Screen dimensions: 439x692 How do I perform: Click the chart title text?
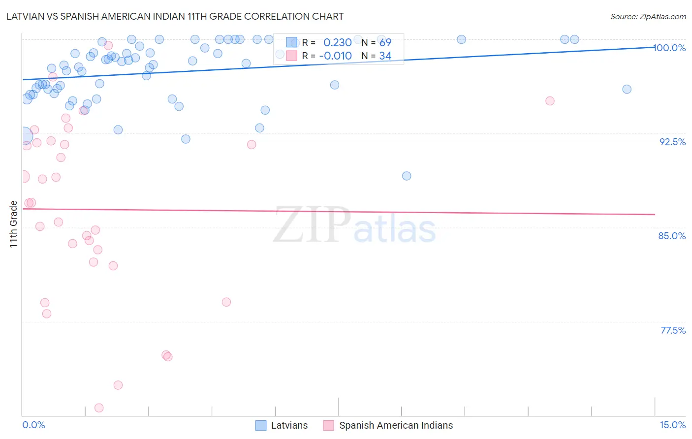point(175,16)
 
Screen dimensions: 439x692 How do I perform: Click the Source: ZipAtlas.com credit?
point(648,16)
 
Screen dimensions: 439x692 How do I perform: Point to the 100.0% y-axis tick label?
point(670,48)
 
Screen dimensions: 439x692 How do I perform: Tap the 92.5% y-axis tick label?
point(672,142)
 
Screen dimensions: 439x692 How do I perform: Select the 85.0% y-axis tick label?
point(672,236)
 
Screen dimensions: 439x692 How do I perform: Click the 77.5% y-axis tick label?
point(673,330)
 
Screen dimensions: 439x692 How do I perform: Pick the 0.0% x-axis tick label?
point(33,425)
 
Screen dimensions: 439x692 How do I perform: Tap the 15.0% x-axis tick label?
point(672,425)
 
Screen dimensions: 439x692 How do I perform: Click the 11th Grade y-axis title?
point(13,224)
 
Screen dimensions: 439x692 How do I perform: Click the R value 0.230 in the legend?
point(337,43)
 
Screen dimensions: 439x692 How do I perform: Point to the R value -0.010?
point(335,56)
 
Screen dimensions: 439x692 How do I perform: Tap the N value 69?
point(385,43)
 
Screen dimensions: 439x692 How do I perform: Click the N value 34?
point(385,56)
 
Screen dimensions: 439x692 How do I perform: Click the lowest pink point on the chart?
point(99,408)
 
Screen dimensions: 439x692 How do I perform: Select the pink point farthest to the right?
point(550,101)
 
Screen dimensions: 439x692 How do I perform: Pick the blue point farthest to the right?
point(627,89)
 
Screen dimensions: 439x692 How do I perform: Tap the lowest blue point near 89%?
point(407,176)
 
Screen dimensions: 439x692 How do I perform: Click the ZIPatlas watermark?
point(354,225)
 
